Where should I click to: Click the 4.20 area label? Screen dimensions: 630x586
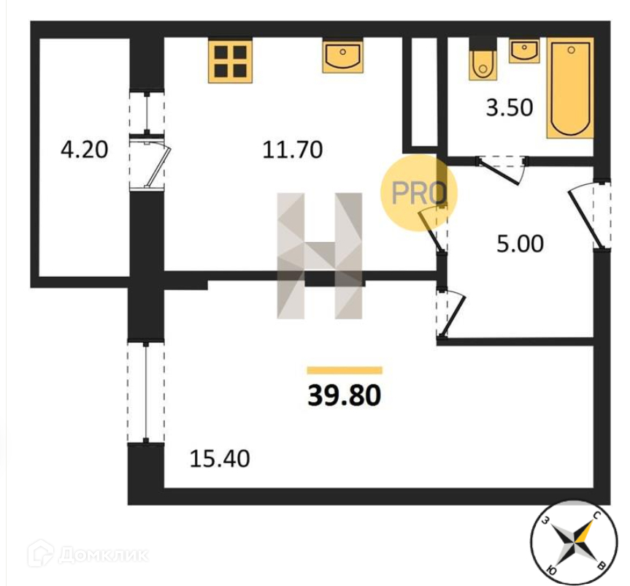pyautogui.click(x=84, y=150)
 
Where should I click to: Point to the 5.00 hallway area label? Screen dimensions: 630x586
pyautogui.click(x=520, y=243)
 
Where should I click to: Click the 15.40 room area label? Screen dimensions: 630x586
pyautogui.click(x=219, y=459)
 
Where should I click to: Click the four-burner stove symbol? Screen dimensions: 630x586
pyautogui.click(x=230, y=60)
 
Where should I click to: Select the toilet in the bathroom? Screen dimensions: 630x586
pyautogui.click(x=482, y=63)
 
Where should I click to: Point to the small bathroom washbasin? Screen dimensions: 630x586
pyautogui.click(x=523, y=51)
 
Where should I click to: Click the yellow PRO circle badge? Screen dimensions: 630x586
pyautogui.click(x=419, y=193)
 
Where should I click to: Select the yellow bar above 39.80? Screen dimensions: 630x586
pyautogui.click(x=345, y=370)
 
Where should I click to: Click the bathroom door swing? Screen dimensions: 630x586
pyautogui.click(x=504, y=170)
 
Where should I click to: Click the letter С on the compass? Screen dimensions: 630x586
pyautogui.click(x=596, y=516)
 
